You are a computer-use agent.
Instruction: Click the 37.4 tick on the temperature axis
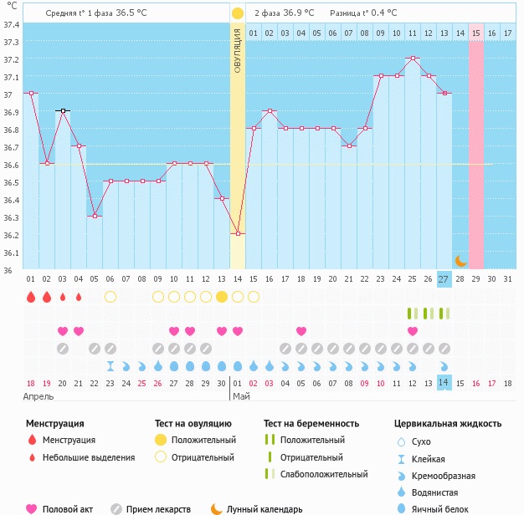tap(11, 25)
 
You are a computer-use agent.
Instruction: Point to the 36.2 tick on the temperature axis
tap(11, 235)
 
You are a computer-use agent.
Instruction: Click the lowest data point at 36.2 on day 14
tap(238, 233)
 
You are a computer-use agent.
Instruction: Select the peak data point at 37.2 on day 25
tap(413, 59)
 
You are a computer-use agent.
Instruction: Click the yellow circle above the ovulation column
tap(238, 13)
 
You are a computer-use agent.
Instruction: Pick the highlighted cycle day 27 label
tap(444, 278)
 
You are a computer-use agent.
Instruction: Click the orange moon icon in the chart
tap(460, 261)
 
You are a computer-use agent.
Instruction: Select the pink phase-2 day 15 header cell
tap(475, 33)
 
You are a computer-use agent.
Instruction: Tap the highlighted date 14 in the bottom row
tap(444, 383)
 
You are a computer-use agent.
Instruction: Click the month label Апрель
tap(39, 396)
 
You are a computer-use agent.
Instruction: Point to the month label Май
tap(240, 396)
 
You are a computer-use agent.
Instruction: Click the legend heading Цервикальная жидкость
tap(448, 424)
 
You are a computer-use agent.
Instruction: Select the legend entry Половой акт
tap(69, 508)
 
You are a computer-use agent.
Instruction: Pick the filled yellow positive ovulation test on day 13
tap(222, 297)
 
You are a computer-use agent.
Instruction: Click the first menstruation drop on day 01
tap(31, 297)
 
